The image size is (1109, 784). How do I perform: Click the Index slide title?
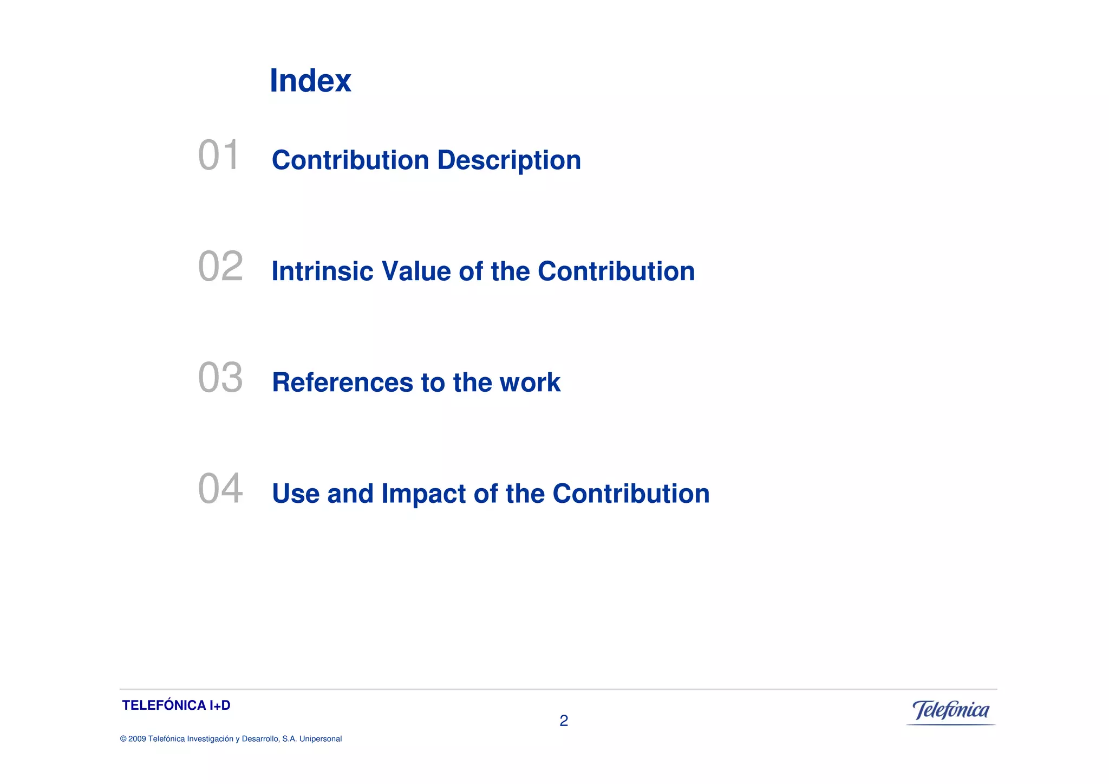coord(310,81)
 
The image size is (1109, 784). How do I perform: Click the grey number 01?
coord(218,155)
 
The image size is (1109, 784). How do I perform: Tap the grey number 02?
coord(220,267)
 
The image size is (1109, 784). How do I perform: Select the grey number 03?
coord(220,378)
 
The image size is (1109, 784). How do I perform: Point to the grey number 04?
coord(220,489)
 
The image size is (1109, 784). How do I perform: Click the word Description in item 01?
coord(509,161)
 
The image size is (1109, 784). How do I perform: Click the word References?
coord(342,383)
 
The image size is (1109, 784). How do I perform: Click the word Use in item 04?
coord(296,494)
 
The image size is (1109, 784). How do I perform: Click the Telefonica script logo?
coord(951,711)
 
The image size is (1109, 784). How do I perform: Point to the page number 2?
coord(564,721)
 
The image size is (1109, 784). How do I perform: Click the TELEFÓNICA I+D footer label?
coord(177,705)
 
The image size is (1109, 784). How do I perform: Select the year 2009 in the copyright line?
coord(137,739)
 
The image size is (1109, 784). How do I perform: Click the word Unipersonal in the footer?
coord(321,739)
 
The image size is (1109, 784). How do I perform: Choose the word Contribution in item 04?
coord(631,494)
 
